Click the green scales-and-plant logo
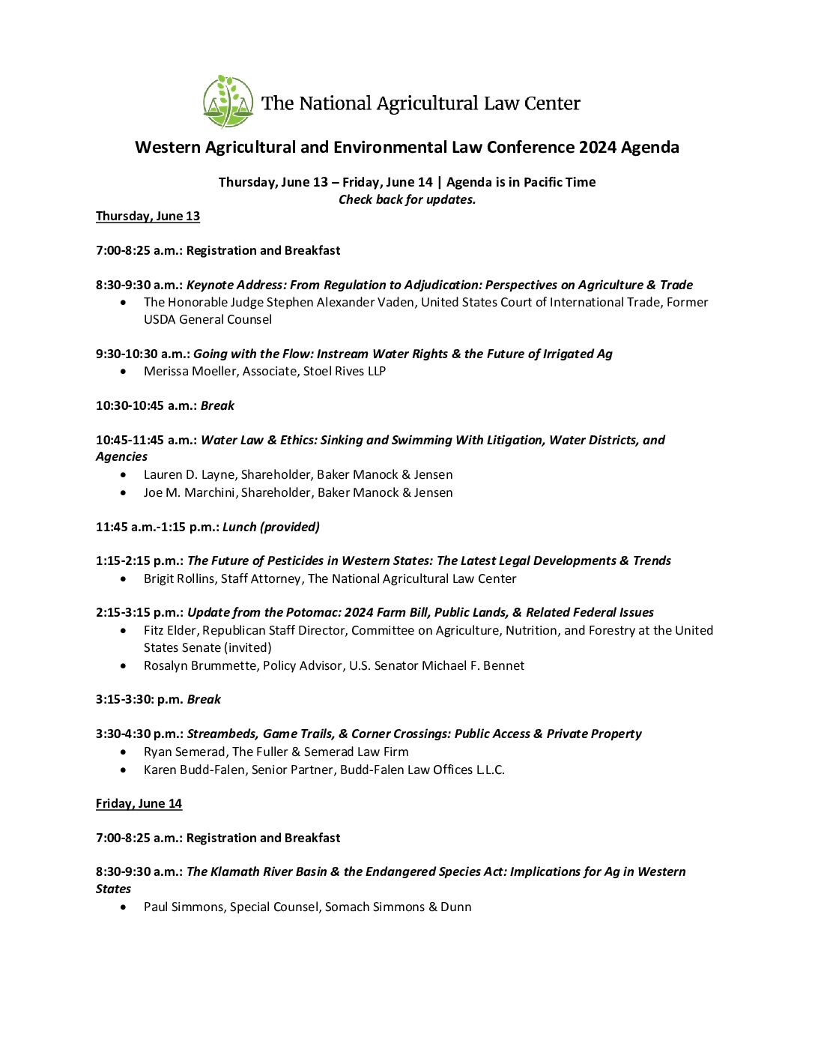pos(228,101)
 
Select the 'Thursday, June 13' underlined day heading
pos(148,216)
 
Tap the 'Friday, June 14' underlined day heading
pos(139,803)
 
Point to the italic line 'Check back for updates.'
pos(407,199)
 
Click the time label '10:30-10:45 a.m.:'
pos(146,405)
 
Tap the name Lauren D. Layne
pos(189,474)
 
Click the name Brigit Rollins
pos(179,578)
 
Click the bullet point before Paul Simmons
pos(124,907)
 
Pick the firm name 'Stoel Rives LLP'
pos(345,371)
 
